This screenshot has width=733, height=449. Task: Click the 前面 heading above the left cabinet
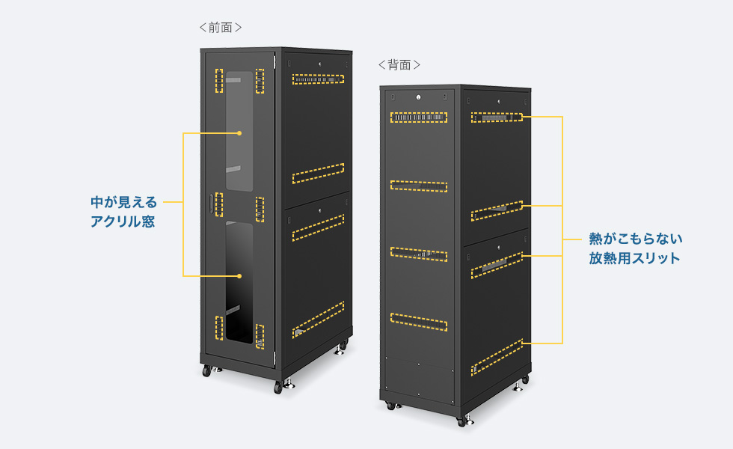(x=221, y=28)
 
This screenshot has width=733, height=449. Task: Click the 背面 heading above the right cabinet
(x=399, y=65)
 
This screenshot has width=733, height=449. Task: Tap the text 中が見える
(x=124, y=202)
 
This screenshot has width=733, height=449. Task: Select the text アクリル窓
(x=123, y=222)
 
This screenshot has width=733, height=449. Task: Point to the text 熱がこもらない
(x=635, y=239)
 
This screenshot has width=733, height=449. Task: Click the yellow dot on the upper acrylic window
(x=239, y=133)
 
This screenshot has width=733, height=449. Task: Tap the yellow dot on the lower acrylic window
(x=239, y=277)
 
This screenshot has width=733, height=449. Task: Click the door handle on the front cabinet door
(x=210, y=204)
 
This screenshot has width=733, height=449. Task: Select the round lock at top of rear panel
(x=418, y=97)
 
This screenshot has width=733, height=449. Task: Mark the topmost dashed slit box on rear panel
(x=418, y=117)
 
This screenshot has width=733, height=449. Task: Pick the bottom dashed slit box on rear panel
(x=418, y=322)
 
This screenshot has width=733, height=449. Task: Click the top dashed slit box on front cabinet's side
(x=319, y=77)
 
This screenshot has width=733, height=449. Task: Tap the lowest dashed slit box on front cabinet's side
(x=319, y=318)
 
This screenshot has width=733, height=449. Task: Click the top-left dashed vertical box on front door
(x=219, y=81)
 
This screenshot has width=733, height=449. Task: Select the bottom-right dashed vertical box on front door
(x=260, y=336)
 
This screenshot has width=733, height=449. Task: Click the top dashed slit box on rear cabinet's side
(x=496, y=117)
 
